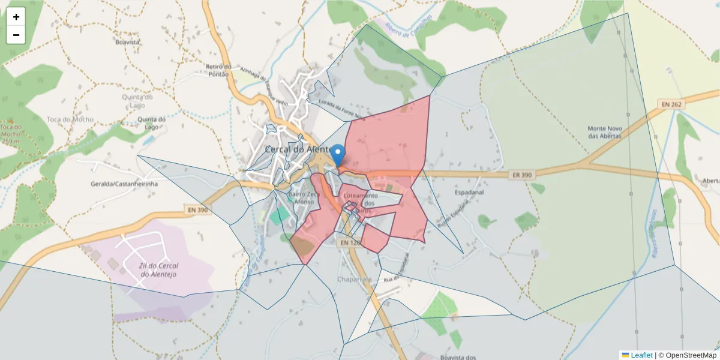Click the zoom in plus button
(x=16, y=17)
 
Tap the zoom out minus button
(x=16, y=35)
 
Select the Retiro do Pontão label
(x=218, y=70)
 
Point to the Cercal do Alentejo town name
(x=298, y=149)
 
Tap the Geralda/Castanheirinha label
(x=124, y=184)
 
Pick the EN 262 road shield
(x=671, y=104)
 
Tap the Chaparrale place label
(x=355, y=280)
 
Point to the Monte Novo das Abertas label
(x=605, y=132)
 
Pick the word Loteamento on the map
(x=360, y=196)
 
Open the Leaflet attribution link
(x=641, y=355)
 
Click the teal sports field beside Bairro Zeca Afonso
(x=278, y=215)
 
